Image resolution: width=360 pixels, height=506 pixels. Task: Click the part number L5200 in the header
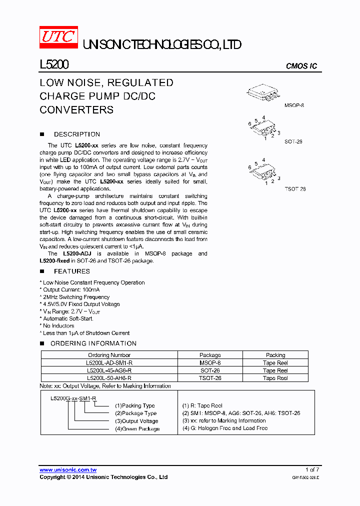point(54,65)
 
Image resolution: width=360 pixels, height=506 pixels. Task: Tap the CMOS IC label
point(301,66)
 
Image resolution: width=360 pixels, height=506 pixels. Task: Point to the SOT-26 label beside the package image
point(293,141)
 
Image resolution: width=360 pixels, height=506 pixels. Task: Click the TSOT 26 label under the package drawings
point(295,189)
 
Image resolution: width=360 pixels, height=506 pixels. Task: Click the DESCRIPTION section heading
point(76,134)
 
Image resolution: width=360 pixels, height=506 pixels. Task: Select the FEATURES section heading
point(71,271)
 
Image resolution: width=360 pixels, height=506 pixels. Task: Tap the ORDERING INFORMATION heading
point(93,343)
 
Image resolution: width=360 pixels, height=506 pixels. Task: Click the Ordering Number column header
point(109,355)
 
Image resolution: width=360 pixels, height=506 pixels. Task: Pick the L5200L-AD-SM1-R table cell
point(109,363)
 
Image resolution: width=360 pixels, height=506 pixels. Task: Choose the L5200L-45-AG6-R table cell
point(109,370)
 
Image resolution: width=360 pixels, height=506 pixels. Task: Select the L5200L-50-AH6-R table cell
point(109,378)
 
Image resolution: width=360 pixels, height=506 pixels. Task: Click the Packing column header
point(275,355)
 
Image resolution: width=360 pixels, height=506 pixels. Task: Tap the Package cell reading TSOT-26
point(210,378)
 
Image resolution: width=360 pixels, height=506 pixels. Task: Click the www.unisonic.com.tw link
point(68,470)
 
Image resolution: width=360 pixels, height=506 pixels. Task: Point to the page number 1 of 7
point(312,469)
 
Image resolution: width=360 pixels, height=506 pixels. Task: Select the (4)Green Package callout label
point(137,428)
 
